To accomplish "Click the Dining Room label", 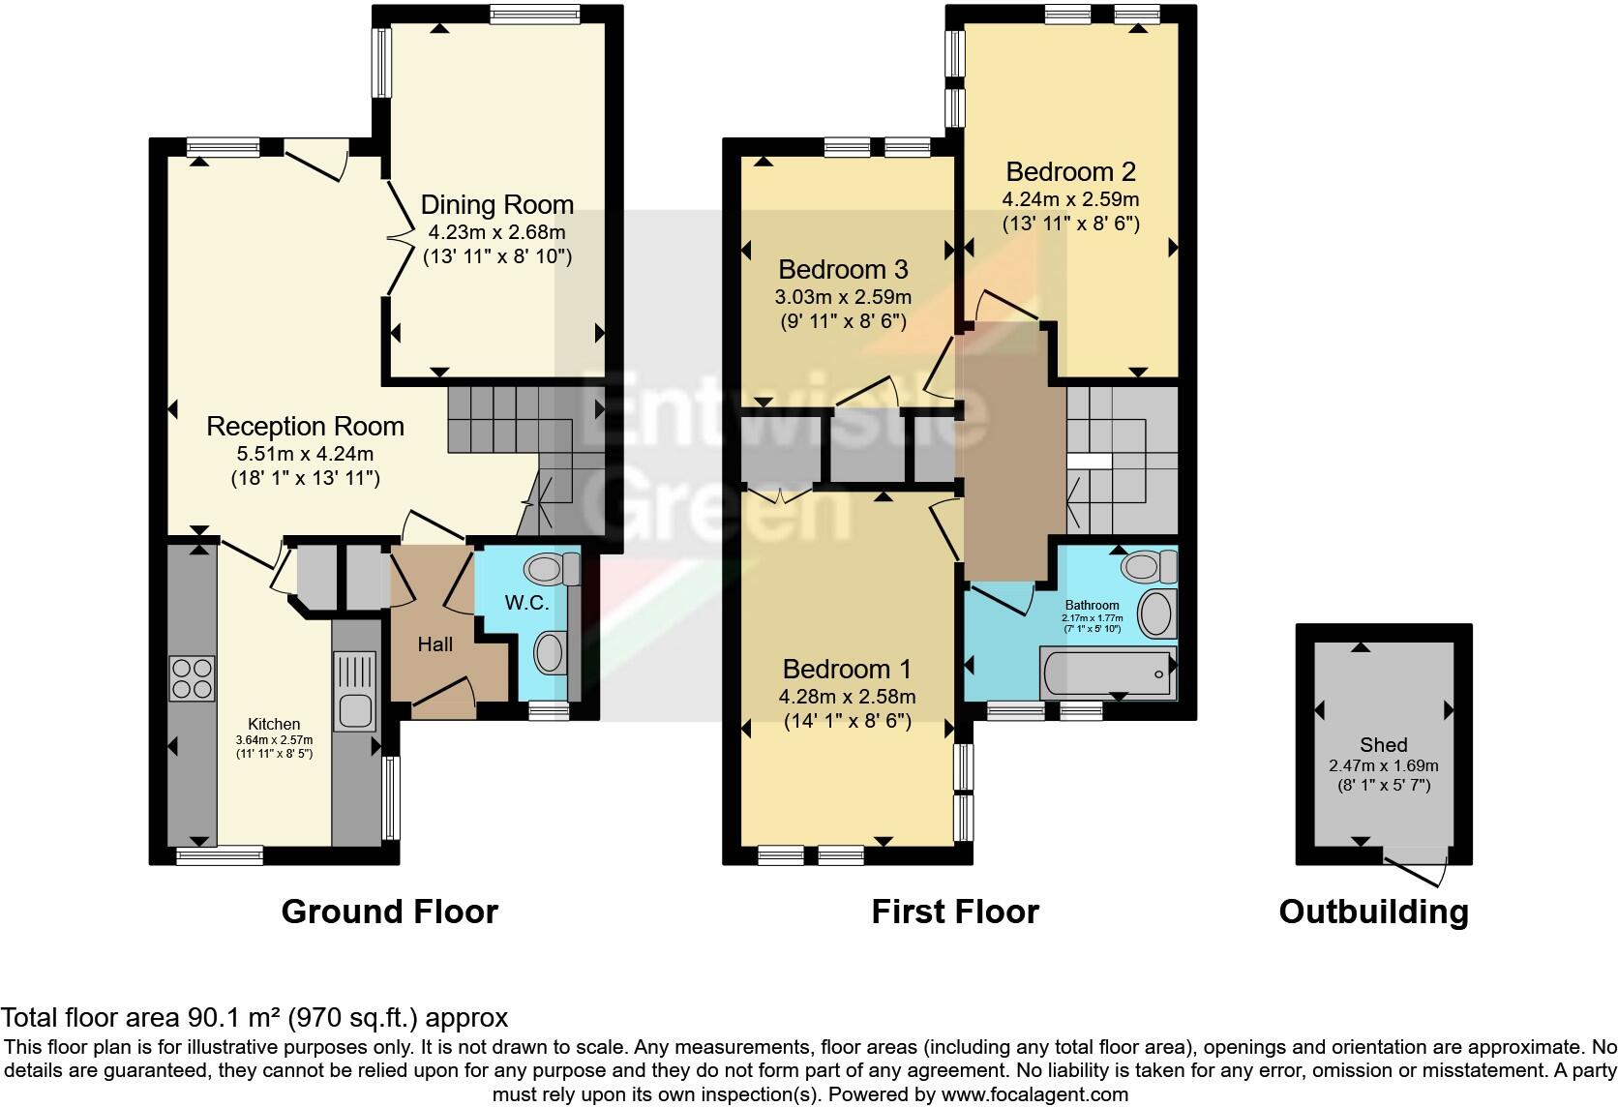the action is click(497, 205).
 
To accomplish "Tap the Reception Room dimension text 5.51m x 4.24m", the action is click(305, 454).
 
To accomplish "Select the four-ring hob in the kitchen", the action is click(193, 678).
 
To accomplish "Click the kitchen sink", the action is click(354, 691).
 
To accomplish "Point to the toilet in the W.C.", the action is click(552, 569).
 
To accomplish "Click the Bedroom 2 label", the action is click(1070, 172).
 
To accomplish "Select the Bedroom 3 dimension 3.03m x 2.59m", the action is click(843, 297).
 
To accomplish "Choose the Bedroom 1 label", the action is click(847, 670).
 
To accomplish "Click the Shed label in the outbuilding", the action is click(1383, 744).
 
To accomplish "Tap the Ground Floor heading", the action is click(389, 913).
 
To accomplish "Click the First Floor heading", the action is click(955, 913).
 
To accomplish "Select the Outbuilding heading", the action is click(1374, 913).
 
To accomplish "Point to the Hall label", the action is click(434, 644).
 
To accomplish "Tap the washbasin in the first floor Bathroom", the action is click(1157, 614).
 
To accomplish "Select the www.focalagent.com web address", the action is click(1034, 1094).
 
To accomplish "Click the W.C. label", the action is click(526, 602).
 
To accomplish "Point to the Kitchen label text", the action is click(274, 724).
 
